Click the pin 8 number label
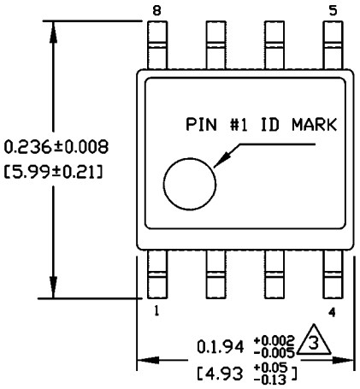click(156, 11)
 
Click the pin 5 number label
click(333, 10)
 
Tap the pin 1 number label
click(156, 310)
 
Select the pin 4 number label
click(332, 313)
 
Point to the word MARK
click(314, 125)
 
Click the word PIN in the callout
click(201, 125)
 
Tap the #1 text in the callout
click(239, 125)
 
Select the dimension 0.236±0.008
click(56, 147)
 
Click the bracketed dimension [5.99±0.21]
click(53, 172)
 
